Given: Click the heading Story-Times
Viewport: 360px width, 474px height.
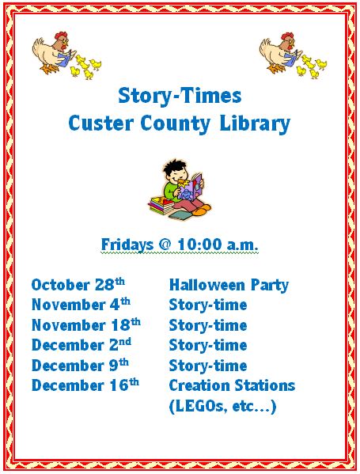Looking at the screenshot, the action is coord(180,96).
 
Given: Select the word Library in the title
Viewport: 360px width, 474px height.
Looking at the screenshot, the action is coord(255,124).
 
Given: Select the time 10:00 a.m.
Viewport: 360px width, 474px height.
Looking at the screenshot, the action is coord(218,245).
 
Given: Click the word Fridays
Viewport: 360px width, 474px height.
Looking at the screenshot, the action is coord(127,245).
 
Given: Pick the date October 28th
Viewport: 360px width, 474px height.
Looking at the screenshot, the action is coord(78,284).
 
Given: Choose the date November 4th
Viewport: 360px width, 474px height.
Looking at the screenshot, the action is coord(81,304).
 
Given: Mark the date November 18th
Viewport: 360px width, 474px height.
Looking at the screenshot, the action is coord(85,324).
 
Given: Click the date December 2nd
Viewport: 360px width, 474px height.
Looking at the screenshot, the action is coord(81,344).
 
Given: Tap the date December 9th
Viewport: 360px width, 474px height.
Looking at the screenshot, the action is coord(80,365).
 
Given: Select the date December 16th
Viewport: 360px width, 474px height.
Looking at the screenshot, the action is coord(85,385).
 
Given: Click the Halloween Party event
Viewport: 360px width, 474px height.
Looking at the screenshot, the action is coord(229,286).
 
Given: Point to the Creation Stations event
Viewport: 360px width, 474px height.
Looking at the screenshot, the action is coord(232,385).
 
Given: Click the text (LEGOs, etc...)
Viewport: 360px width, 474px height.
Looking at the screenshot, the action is coord(223,406).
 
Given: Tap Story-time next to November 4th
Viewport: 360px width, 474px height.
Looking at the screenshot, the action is coord(208,305).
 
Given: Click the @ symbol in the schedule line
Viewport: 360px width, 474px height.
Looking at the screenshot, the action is coord(165,245).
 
